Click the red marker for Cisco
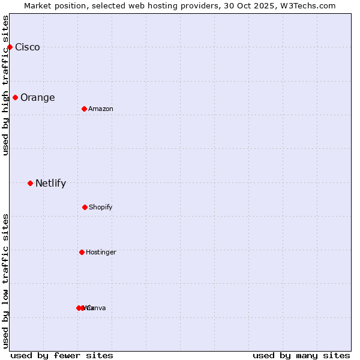10,47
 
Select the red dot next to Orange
15,97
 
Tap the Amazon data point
84,109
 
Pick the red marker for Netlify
30,183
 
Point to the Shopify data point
85,207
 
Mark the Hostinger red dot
82,252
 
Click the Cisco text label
28,47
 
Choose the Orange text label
37,98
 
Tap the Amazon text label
101,109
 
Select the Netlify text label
50,184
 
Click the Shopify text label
101,208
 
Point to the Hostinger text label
101,253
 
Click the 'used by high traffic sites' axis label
5,85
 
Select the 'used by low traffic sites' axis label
5,280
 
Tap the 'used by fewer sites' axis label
62,355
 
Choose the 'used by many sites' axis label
301,355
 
